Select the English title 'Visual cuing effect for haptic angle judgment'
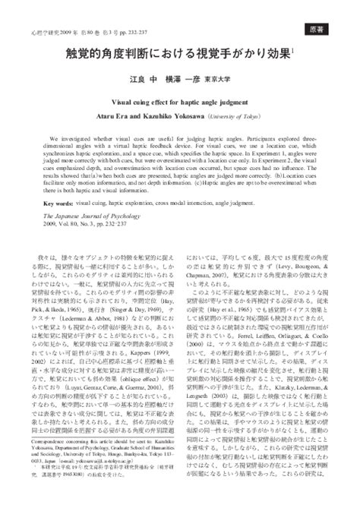click(180, 118)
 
